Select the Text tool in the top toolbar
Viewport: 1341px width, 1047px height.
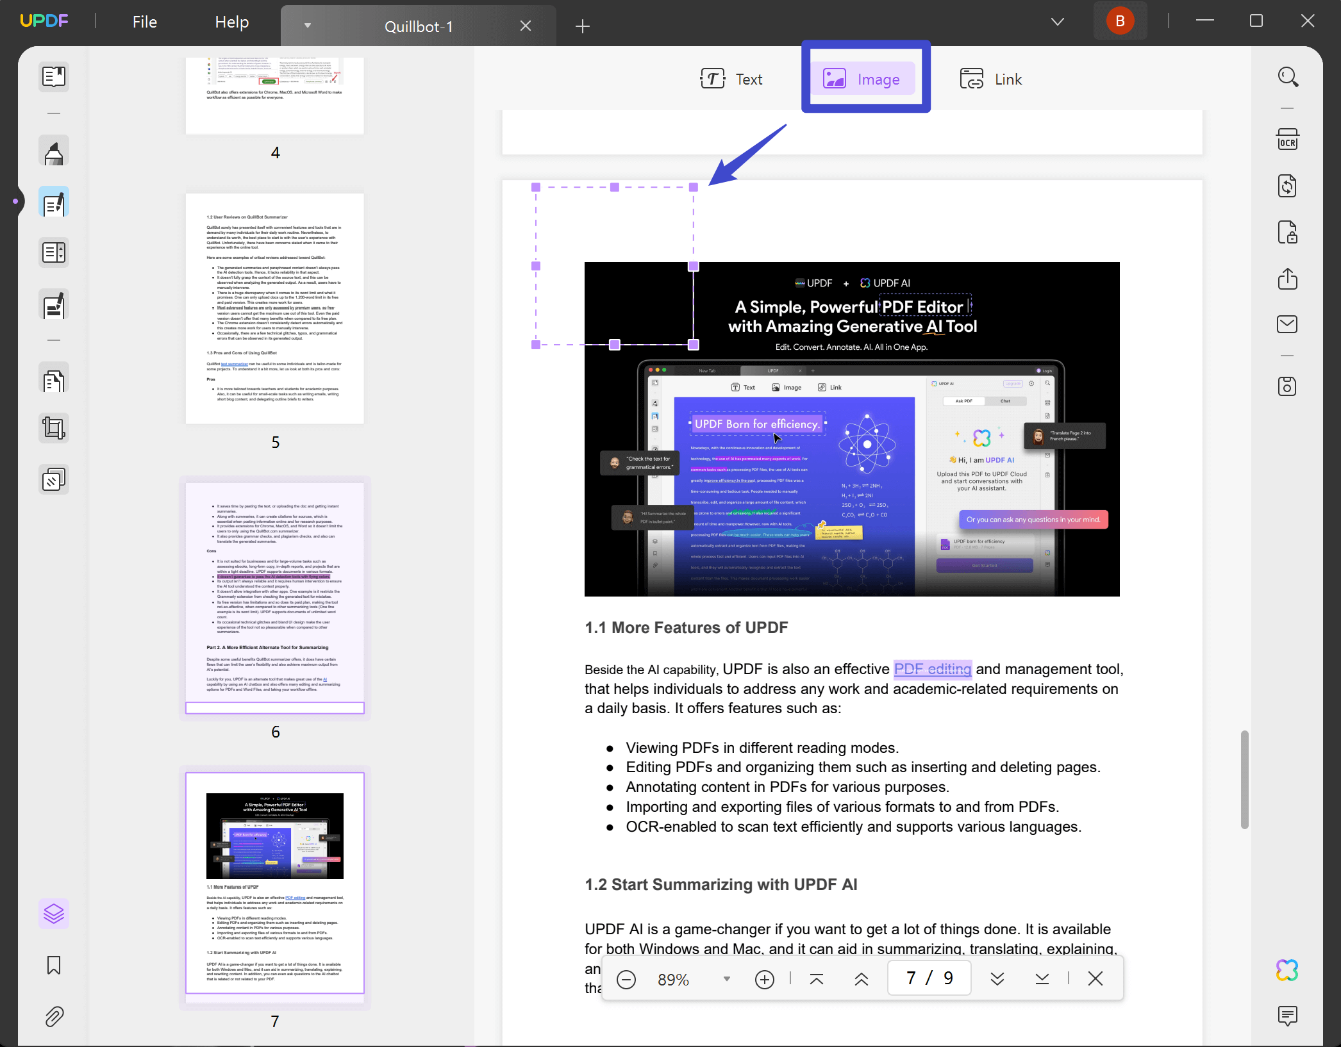coord(731,79)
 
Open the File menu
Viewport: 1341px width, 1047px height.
coord(144,22)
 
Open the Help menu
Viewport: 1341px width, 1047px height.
coord(231,22)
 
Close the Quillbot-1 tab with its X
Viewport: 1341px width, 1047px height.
coord(525,26)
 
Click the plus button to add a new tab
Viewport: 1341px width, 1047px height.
coord(582,26)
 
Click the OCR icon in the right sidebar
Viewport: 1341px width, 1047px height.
coord(1287,140)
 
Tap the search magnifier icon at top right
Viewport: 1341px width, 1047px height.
coord(1288,77)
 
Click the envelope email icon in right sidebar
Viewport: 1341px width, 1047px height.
coord(1287,324)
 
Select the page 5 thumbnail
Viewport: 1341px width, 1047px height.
coord(275,308)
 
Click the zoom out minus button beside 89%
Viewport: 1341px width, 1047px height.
coord(626,979)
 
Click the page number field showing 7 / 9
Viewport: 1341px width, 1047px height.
coord(929,978)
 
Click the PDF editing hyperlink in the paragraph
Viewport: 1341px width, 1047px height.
coord(932,669)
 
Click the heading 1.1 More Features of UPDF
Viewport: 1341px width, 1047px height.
coord(686,627)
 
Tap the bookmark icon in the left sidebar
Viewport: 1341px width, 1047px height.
coord(54,965)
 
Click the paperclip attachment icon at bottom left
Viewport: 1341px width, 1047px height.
coord(54,1016)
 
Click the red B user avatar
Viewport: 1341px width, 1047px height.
coord(1120,21)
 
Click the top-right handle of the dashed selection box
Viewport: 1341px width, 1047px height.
coord(693,187)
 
